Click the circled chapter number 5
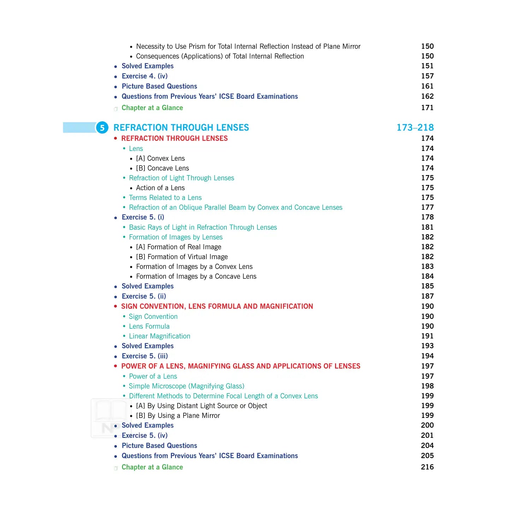(102, 128)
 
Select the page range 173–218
(415, 127)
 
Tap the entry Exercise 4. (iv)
(144, 76)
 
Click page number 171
(427, 108)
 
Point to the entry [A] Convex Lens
(160, 158)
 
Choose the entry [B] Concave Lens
(162, 168)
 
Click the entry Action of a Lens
(160, 188)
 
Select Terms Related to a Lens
(165, 197)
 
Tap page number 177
(427, 207)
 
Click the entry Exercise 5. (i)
(143, 217)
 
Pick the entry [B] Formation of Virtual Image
(182, 257)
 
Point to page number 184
(427, 276)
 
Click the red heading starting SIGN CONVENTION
(217, 306)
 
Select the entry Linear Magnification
(159, 336)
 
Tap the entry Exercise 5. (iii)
(144, 356)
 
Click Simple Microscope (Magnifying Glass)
(186, 386)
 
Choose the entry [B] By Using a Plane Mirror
(178, 416)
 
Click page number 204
(427, 446)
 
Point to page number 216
(427, 467)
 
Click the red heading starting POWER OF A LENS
(240, 366)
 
